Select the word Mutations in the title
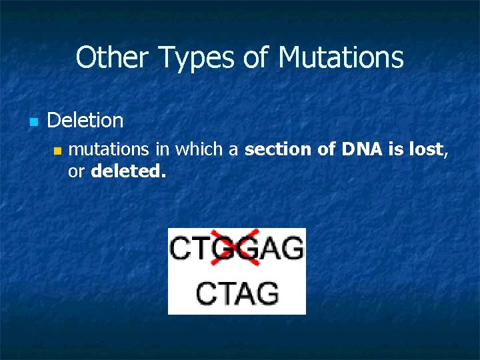coord(341,57)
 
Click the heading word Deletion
coord(85,121)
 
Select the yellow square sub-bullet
coord(57,151)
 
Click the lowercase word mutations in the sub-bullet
coord(102,150)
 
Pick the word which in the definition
coord(205,150)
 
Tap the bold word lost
coord(425,150)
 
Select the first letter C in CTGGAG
coord(182,249)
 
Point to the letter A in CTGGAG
coord(270,249)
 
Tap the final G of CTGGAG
coord(292,249)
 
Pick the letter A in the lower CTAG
coord(245,293)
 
